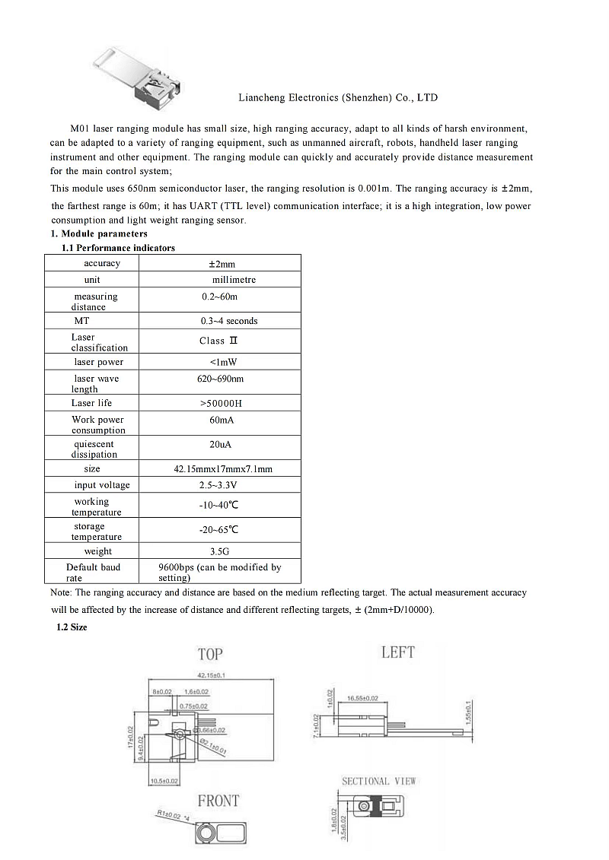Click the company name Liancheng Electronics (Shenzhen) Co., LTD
tap(338, 98)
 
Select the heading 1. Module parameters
tap(99, 234)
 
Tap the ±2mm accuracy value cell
tap(222, 264)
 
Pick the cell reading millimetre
tap(234, 280)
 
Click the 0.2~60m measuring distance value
tap(219, 297)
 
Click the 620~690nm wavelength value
tap(220, 379)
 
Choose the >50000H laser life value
tap(221, 404)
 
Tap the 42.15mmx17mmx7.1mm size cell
tap(223, 469)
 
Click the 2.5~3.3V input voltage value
tap(218, 485)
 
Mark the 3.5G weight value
tap(219, 551)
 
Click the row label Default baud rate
tap(92, 573)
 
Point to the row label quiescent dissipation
tap(94, 449)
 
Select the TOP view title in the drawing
tap(210, 654)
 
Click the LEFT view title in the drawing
tap(397, 652)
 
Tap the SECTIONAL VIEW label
tap(379, 781)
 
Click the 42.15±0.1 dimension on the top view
tap(214, 675)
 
